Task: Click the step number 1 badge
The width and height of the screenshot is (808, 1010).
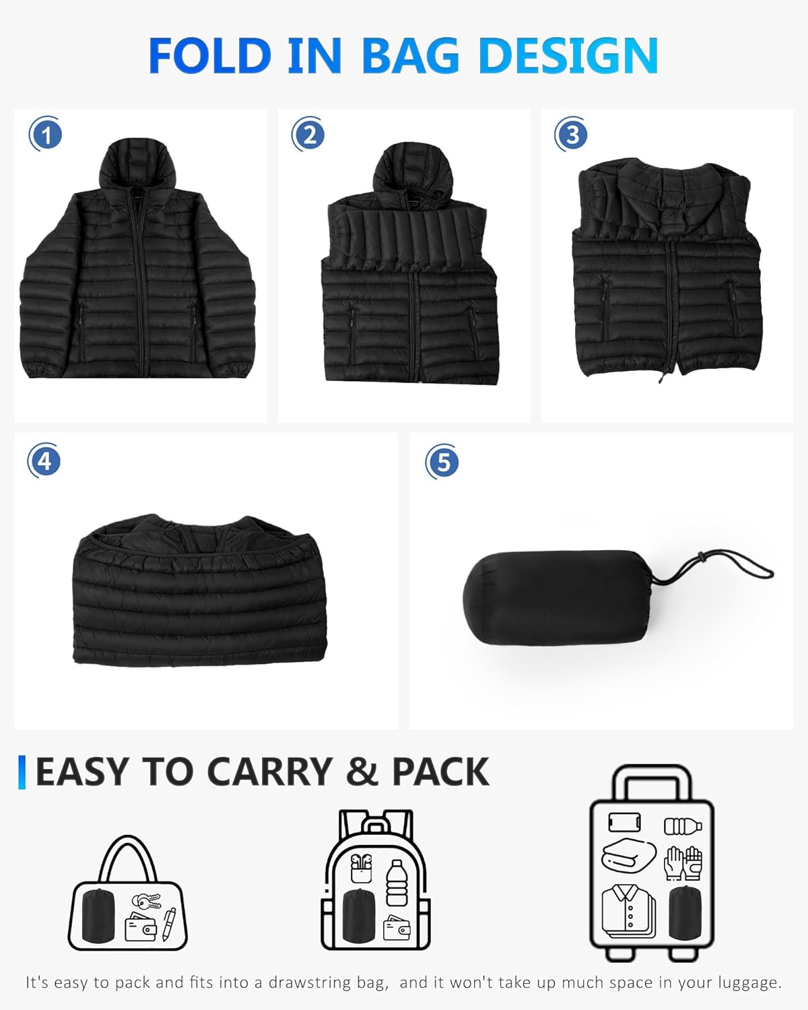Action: (x=46, y=135)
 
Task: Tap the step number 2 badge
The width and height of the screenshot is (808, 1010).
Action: (x=309, y=135)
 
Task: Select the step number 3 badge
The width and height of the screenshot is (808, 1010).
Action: (x=572, y=135)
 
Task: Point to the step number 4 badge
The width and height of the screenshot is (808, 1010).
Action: (x=44, y=462)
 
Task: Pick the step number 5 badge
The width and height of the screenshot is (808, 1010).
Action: (x=442, y=462)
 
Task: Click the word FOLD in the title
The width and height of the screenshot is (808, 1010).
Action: (x=209, y=56)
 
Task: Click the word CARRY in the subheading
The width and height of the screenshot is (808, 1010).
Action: (x=269, y=772)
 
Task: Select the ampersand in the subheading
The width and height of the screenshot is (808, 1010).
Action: (x=362, y=772)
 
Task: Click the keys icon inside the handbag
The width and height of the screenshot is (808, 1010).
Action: (x=145, y=902)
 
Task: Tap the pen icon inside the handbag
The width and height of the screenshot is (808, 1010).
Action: (x=168, y=924)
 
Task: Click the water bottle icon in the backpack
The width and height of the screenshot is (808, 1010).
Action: (x=397, y=882)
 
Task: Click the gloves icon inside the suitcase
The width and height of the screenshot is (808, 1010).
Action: (x=683, y=863)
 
